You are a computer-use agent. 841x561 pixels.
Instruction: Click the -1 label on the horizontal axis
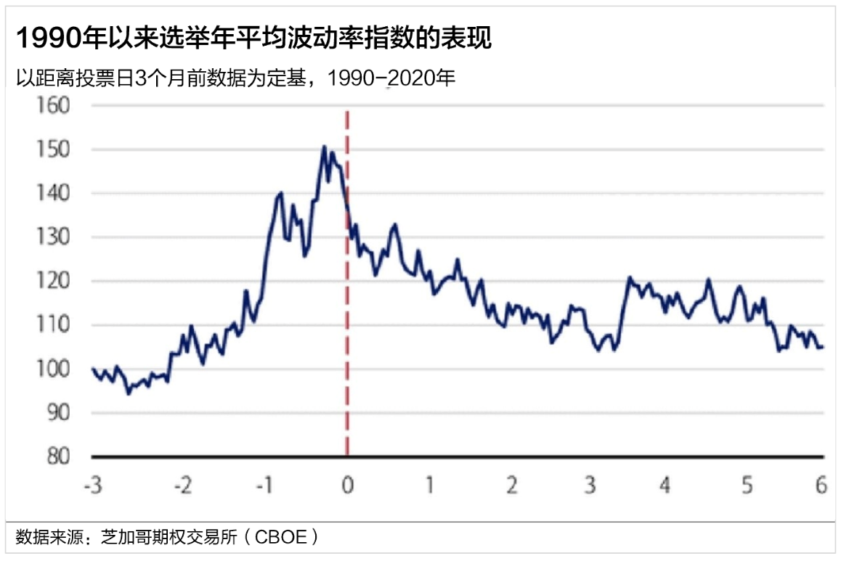point(266,485)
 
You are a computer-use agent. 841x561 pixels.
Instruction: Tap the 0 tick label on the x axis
point(347,485)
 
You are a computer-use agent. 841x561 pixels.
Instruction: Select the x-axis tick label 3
point(590,485)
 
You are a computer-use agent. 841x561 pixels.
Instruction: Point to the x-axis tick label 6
point(821,485)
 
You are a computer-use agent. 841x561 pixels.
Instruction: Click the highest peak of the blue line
point(324,147)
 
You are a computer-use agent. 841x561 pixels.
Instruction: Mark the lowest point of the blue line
point(129,393)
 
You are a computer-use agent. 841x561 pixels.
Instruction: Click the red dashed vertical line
point(347,290)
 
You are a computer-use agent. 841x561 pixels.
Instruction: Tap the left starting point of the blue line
point(93,369)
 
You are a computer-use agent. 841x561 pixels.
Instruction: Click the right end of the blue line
point(822,347)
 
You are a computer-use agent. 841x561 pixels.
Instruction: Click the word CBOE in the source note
point(283,538)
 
